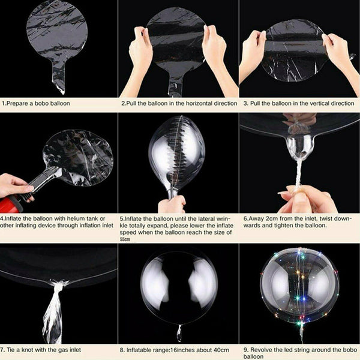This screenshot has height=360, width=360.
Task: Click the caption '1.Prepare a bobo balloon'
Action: [36, 103]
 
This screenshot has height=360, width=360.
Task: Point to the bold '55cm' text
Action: [125, 239]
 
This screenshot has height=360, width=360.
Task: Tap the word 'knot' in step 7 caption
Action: [29, 348]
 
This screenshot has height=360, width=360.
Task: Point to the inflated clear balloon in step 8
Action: [178, 282]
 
